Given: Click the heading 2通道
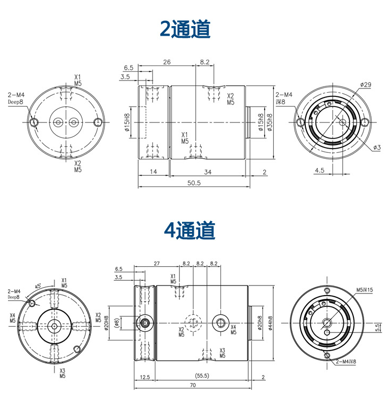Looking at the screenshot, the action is (185, 29).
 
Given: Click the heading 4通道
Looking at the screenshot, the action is (189, 230).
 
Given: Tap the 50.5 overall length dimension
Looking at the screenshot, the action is (194, 183).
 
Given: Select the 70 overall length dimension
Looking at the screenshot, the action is (193, 385).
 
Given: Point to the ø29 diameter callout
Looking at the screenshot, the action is (366, 85).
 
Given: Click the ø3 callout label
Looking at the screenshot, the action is (377, 148).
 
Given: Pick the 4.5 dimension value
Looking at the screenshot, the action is (320, 170).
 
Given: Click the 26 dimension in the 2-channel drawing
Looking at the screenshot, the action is (167, 62).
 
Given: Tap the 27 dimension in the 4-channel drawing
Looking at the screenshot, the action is (157, 263).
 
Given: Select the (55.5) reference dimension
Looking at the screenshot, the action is (202, 376).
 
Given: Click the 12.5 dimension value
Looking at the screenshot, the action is (145, 377).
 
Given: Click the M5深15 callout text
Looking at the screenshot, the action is (365, 290).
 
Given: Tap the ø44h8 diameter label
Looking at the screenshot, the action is (270, 323).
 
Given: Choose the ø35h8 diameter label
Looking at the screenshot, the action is (270, 123).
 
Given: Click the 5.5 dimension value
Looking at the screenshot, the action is (378, 328).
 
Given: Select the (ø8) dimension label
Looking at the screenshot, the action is (116, 323).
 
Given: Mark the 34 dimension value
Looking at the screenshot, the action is (208, 172).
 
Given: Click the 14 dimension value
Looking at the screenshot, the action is (153, 172).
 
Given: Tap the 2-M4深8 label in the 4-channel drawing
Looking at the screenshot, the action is (346, 362).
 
